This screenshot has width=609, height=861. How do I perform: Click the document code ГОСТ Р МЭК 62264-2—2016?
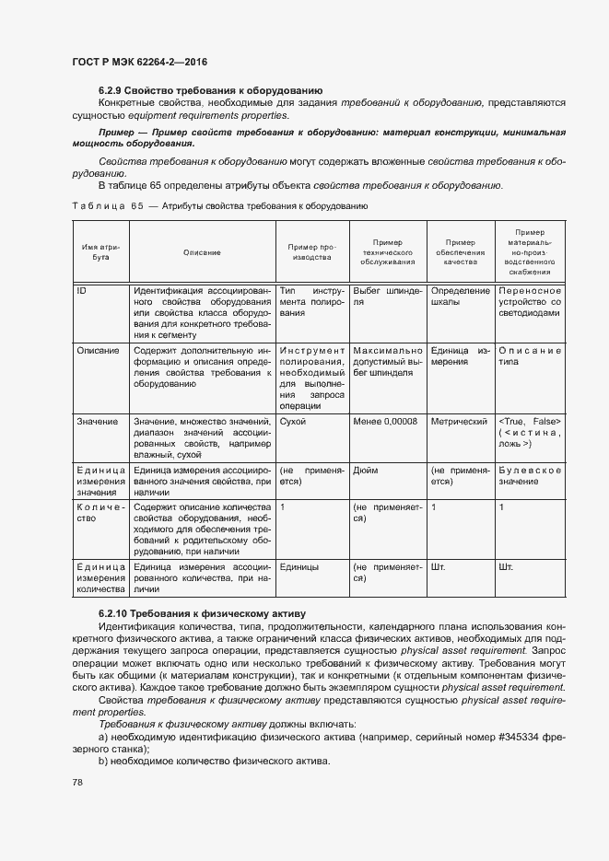[x=138, y=62]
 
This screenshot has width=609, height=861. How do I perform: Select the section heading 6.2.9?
[x=210, y=90]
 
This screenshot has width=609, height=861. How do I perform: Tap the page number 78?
[x=76, y=783]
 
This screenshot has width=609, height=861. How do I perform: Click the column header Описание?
[x=202, y=252]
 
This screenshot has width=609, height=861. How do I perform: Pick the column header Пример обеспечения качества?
[x=460, y=252]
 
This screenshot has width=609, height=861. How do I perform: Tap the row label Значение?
[x=98, y=422]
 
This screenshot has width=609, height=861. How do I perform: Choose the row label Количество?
[x=100, y=513]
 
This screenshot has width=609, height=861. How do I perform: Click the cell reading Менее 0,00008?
[x=385, y=422]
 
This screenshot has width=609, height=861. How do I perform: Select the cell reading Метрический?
[x=459, y=422]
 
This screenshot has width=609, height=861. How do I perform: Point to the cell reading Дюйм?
[x=366, y=470]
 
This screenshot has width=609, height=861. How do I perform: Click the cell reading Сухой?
[x=293, y=422]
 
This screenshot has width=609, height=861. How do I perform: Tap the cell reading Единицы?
[x=299, y=567]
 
